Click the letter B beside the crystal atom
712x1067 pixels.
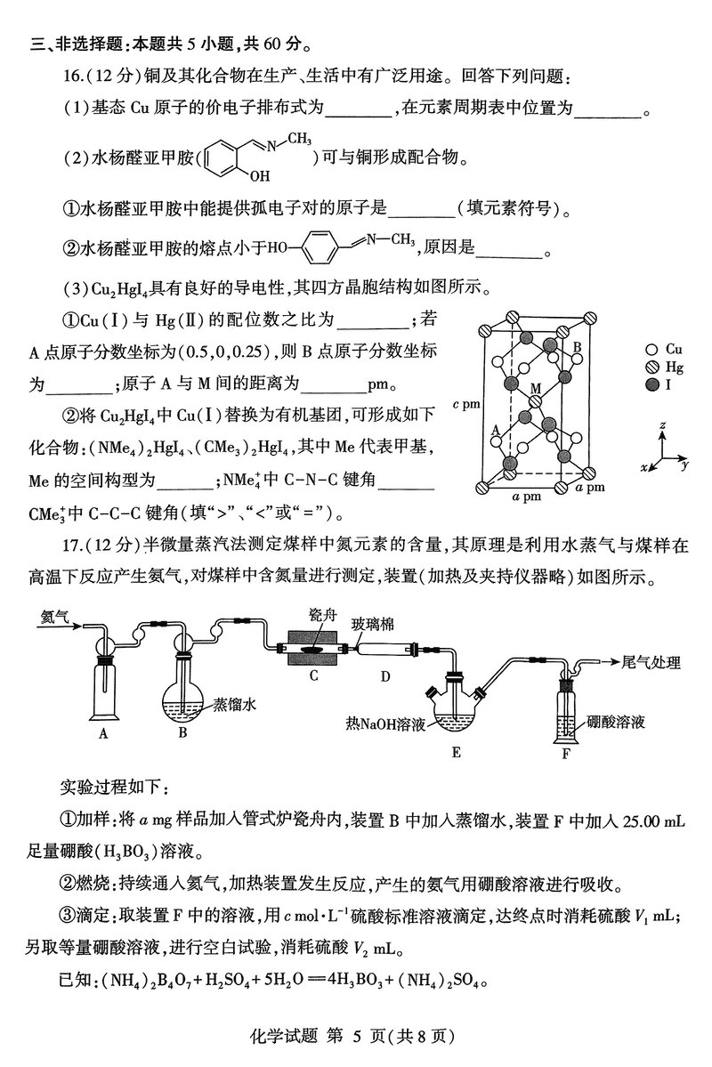tap(577, 346)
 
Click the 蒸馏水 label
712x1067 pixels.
tap(235, 704)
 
